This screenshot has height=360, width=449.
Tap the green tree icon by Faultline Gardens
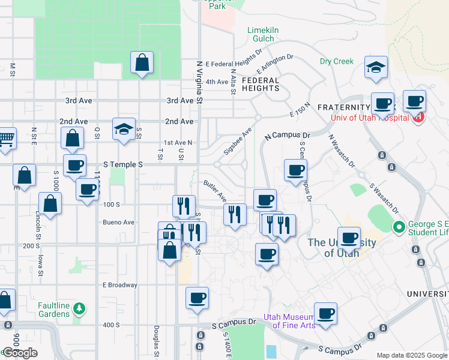click(x=79, y=309)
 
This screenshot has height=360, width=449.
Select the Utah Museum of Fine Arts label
click(x=289, y=321)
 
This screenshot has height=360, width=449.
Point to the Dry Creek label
click(x=336, y=61)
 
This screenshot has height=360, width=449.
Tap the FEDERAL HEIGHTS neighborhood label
click(x=261, y=84)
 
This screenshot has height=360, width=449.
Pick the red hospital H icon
click(x=420, y=117)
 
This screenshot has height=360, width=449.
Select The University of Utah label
click(x=342, y=248)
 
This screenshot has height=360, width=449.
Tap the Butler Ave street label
click(x=214, y=190)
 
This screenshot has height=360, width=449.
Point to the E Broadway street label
click(x=120, y=285)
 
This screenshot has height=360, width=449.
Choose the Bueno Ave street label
click(x=118, y=222)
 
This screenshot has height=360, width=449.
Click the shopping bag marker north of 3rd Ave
click(x=142, y=62)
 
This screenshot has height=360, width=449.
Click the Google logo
click(x=20, y=353)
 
